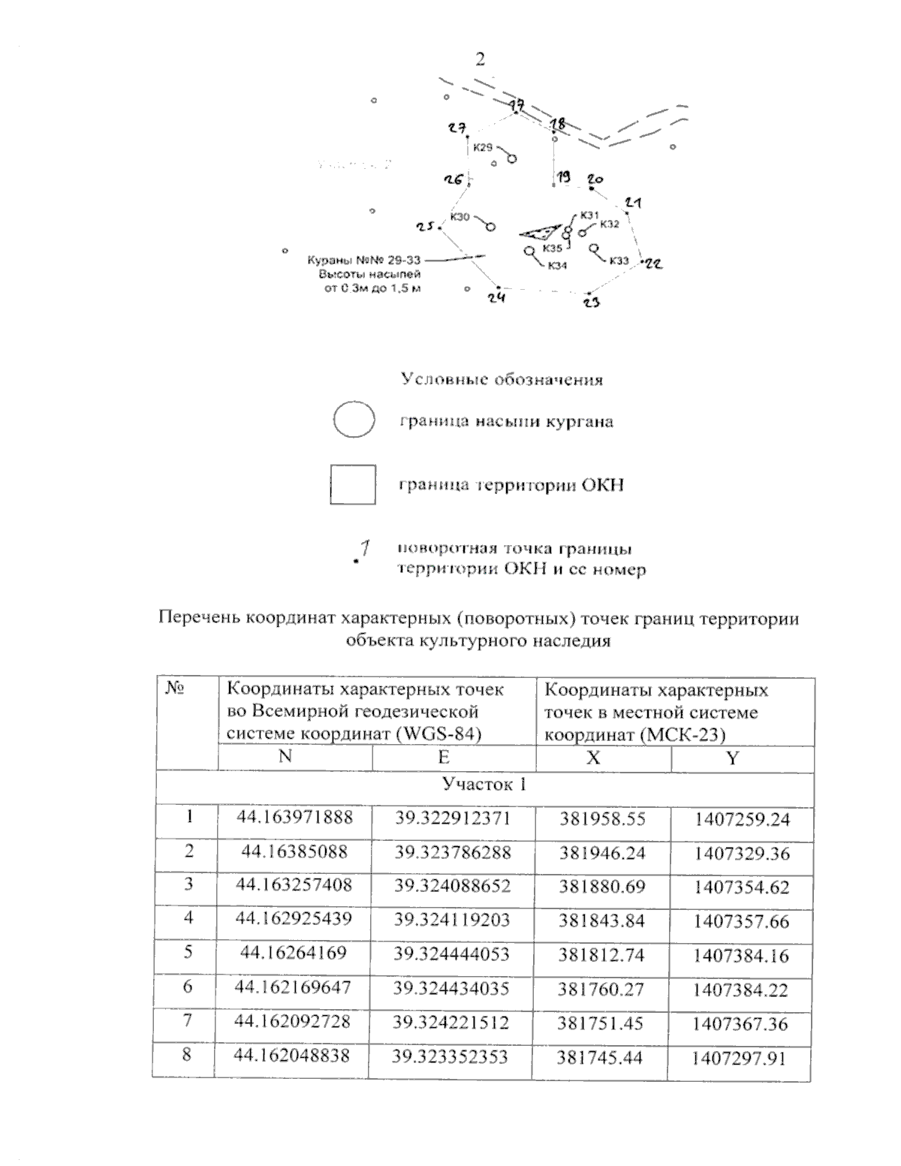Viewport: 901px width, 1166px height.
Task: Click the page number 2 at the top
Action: (x=481, y=60)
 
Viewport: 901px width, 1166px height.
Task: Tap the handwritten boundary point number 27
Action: (x=457, y=128)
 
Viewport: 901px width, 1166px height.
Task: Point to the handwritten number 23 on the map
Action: (x=592, y=303)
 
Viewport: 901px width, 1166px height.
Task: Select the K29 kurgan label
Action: (x=483, y=148)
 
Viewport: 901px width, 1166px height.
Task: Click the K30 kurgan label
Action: (x=460, y=217)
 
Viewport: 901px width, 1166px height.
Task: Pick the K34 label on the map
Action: (x=557, y=265)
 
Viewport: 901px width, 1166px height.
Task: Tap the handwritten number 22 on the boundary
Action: (x=653, y=264)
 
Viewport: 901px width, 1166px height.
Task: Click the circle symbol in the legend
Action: (x=354, y=420)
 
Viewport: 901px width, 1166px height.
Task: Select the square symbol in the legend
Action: (x=353, y=484)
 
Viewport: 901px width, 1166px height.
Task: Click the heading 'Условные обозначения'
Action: (x=502, y=379)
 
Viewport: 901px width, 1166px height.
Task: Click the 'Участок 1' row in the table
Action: (x=484, y=785)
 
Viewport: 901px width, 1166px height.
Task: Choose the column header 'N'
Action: (x=285, y=757)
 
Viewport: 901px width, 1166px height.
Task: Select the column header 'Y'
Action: (x=732, y=758)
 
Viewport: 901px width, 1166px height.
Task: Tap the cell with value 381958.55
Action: (x=602, y=818)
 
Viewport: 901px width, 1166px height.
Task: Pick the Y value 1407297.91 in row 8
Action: (x=740, y=1059)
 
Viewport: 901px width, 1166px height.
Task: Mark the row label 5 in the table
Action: (x=188, y=952)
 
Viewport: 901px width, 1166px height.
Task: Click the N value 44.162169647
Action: (x=293, y=987)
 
